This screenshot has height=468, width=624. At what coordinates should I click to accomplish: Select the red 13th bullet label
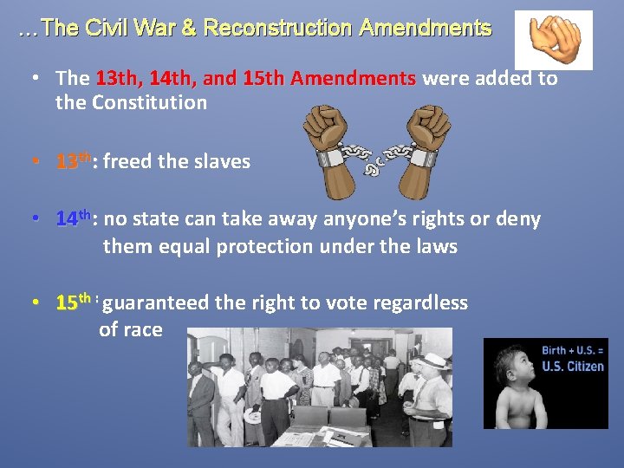pos(72,161)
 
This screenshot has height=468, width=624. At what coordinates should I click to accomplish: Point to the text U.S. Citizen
pos(573,366)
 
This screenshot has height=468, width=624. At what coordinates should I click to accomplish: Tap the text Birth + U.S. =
pos(573,350)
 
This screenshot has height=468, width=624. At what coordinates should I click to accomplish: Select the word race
pos(142,329)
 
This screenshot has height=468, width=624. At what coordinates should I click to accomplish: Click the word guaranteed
pos(161,302)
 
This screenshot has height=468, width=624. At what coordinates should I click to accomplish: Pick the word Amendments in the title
pos(425,28)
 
